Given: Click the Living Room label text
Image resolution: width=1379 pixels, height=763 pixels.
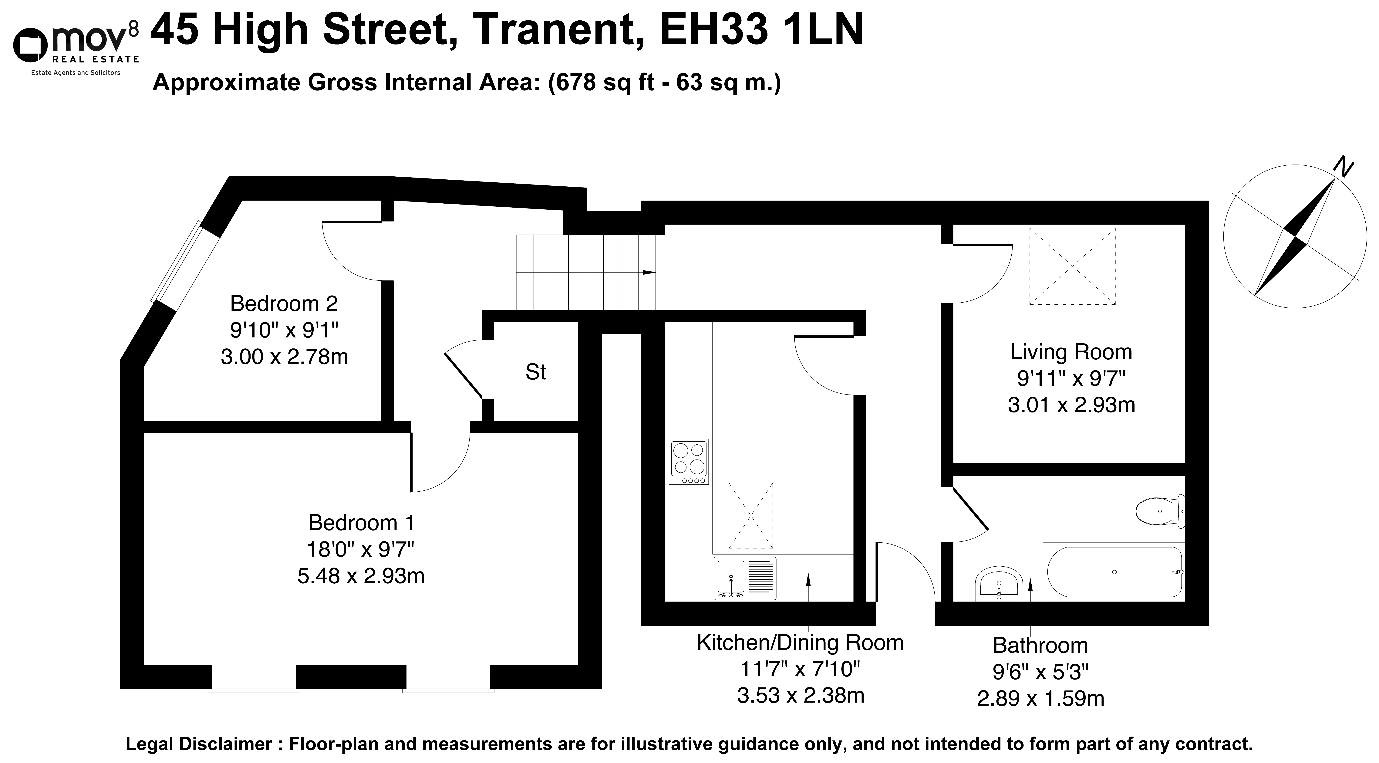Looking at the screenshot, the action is (1071, 352).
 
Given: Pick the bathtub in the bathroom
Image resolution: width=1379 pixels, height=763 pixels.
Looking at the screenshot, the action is (1114, 572).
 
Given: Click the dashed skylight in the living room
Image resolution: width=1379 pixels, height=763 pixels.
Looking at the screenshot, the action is (1072, 266).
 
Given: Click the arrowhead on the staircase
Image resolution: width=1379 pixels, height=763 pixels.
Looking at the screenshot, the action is (649, 273).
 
